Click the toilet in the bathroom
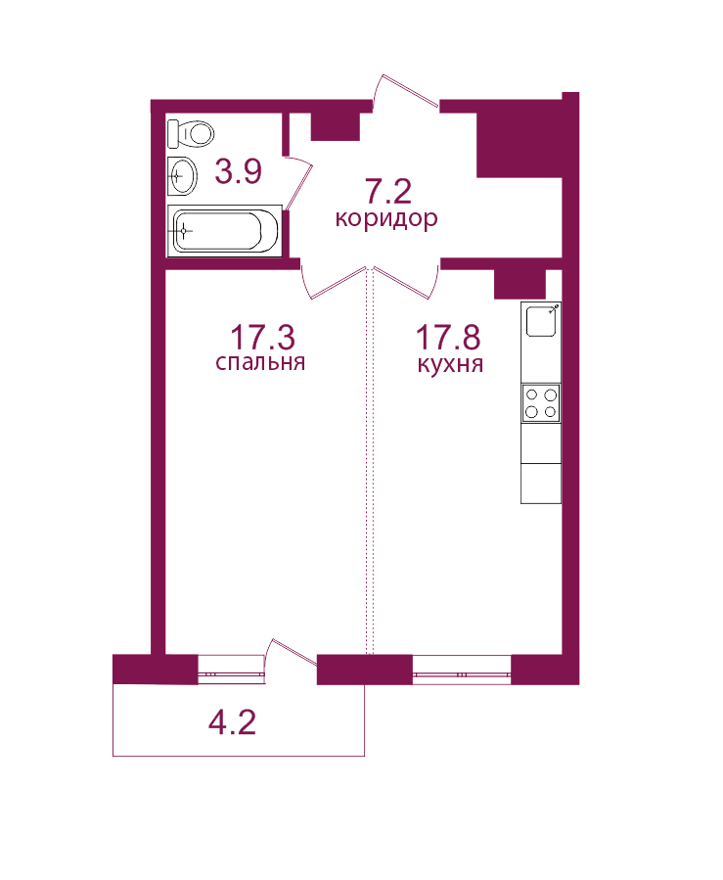coord(191,133)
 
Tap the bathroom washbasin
coord(182,176)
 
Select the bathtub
coord(224,231)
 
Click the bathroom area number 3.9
coord(239,171)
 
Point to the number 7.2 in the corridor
coord(388,191)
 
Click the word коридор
coord(386,218)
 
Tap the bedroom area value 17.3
coord(262,338)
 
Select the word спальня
coord(260,362)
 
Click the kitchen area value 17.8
coord(448,338)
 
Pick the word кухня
coord(450,364)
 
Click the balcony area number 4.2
coord(232,722)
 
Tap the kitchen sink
coord(541,320)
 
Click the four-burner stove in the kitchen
coord(541,403)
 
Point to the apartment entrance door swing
coord(405,93)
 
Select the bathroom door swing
coord(298,182)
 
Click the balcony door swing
coord(292,655)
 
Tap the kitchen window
coord(462,671)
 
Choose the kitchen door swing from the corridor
coord(406,282)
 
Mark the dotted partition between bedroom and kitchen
coord(370,461)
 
